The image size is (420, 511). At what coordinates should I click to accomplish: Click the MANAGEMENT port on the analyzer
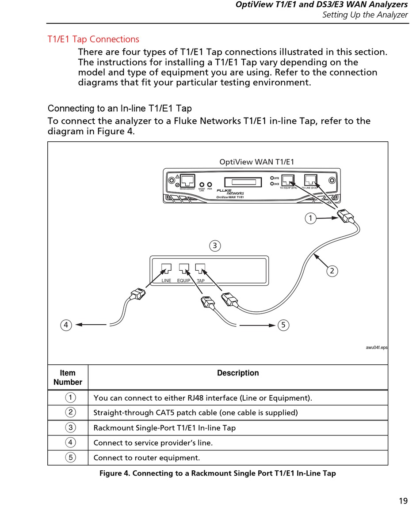click(187, 180)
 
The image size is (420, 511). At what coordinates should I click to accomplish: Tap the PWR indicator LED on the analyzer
click(210, 185)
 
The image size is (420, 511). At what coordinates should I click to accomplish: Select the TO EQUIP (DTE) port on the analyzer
click(288, 180)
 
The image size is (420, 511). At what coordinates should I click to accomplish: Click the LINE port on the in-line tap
click(166, 268)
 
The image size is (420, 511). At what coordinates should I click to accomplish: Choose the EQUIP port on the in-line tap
click(184, 268)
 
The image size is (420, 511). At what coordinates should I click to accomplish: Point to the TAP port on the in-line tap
click(201, 268)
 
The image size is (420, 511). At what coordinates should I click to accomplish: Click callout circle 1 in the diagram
click(311, 218)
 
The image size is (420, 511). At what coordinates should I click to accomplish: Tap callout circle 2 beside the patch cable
click(332, 271)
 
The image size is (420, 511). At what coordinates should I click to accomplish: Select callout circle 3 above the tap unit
click(215, 246)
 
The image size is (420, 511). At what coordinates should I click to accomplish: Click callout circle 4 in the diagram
click(66, 326)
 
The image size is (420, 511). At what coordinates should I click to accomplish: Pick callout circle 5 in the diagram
click(283, 326)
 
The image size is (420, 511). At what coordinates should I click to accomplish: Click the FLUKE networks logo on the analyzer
click(230, 192)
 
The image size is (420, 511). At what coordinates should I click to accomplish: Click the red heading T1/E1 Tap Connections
click(93, 39)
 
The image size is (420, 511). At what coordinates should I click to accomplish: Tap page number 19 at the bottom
click(403, 501)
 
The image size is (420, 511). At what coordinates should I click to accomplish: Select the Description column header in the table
click(238, 373)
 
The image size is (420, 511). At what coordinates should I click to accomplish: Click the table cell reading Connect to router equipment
click(147, 458)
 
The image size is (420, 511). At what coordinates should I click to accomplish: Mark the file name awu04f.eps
click(376, 348)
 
